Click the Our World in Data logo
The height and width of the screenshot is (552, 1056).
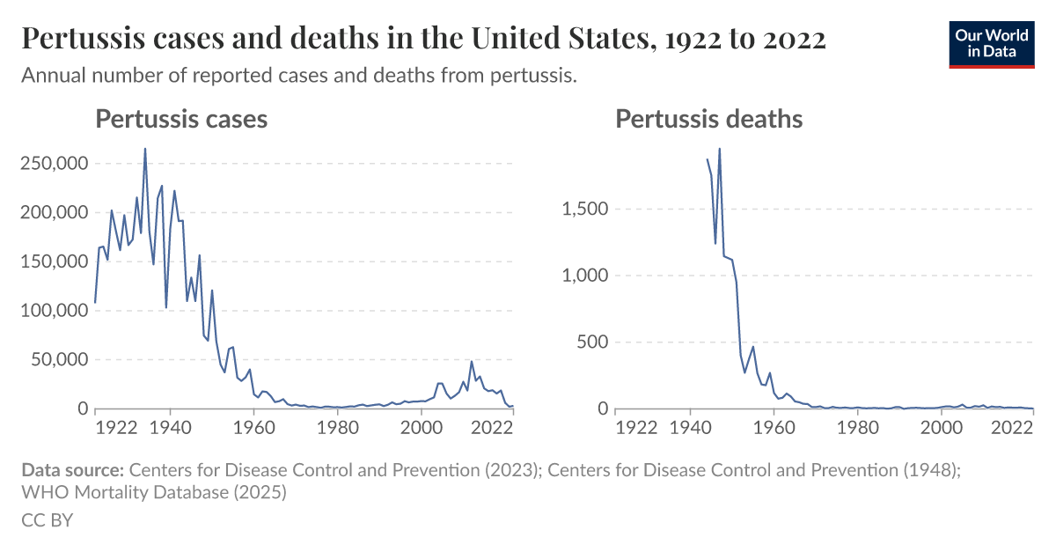991,44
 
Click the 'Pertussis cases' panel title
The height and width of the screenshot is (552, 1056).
181,119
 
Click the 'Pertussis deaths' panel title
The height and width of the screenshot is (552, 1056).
708,119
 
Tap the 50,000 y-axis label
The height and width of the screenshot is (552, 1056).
57,360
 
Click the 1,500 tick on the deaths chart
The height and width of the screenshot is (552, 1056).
585,210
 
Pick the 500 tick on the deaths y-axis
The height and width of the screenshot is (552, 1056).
593,342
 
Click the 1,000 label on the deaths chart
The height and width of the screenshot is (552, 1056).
585,276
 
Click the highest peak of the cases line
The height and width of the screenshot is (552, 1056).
145,149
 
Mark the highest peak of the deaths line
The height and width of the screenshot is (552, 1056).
720,149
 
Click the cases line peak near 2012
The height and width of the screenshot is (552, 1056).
472,361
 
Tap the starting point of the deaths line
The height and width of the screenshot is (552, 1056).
707,159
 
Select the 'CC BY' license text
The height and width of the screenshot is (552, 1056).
47,520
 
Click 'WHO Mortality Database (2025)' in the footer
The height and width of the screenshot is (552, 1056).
154,493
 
